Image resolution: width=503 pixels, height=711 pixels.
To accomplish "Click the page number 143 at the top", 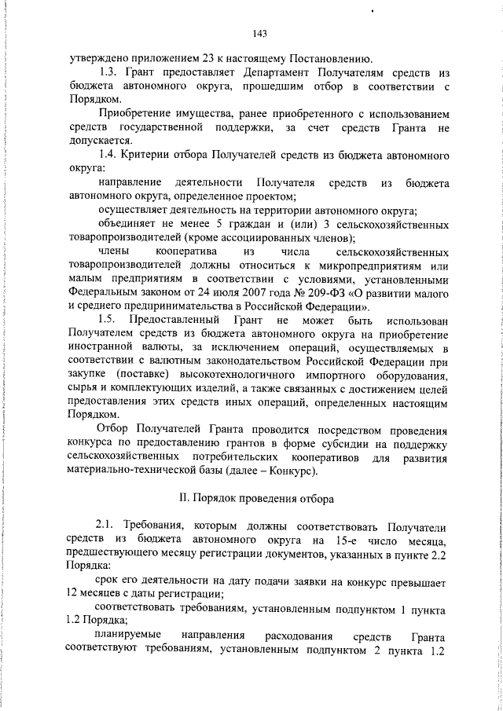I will tap(262, 33).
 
